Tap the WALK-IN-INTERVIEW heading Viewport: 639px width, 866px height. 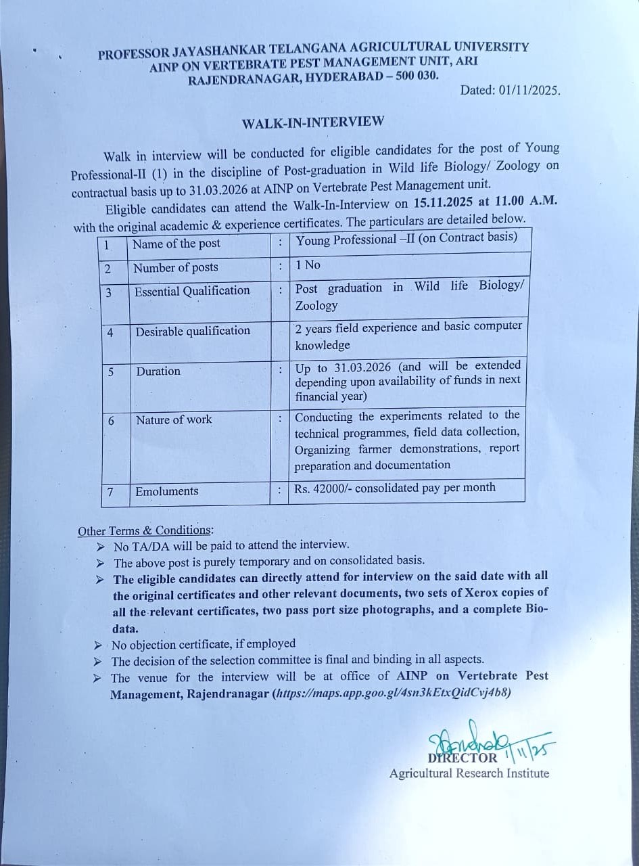(313, 122)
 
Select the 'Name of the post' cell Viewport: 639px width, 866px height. (176, 244)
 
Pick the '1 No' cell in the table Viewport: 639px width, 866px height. (308, 265)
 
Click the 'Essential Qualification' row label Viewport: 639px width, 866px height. (192, 291)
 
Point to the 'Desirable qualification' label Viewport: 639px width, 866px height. (193, 331)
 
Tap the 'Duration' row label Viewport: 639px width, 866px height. (158, 371)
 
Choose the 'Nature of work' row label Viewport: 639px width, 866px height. (174, 420)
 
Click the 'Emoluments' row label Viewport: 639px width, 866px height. (167, 492)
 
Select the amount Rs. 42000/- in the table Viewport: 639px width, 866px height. (322, 488)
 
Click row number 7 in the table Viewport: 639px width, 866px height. (110, 492)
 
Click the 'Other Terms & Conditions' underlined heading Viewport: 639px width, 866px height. (145, 531)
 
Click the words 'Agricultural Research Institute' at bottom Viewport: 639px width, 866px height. (469, 773)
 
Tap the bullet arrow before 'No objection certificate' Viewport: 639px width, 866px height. (98, 644)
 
